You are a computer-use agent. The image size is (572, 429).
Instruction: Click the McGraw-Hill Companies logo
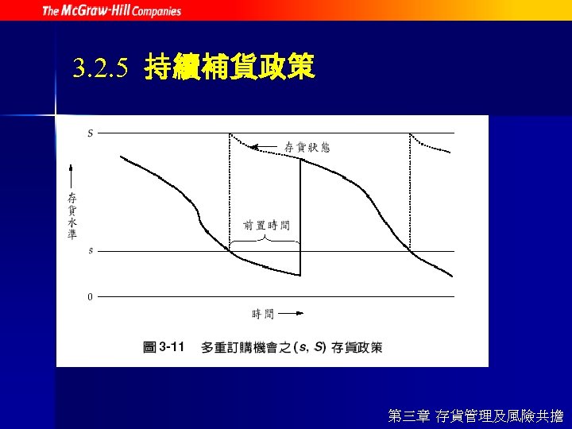111,10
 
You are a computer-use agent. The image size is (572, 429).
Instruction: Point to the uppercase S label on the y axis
90,133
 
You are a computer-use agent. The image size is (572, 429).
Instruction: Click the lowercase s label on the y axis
90,251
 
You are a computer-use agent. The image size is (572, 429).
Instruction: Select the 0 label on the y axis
90,297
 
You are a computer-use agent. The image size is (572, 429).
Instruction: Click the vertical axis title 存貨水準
72,214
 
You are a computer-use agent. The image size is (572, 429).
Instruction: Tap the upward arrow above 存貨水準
72,175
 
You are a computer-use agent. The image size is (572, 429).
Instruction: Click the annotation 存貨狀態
307,147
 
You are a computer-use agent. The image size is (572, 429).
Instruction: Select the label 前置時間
266,226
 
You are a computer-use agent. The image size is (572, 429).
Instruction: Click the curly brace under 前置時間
265,238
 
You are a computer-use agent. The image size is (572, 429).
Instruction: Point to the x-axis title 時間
263,314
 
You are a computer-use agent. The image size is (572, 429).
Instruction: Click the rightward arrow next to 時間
290,314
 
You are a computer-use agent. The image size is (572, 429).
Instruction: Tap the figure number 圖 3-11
164,347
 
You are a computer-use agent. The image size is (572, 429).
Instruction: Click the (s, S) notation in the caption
310,347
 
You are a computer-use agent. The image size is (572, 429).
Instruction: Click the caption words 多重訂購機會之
245,347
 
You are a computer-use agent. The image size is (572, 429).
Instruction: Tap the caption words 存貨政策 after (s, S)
357,347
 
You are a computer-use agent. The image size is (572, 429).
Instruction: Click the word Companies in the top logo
157,11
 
